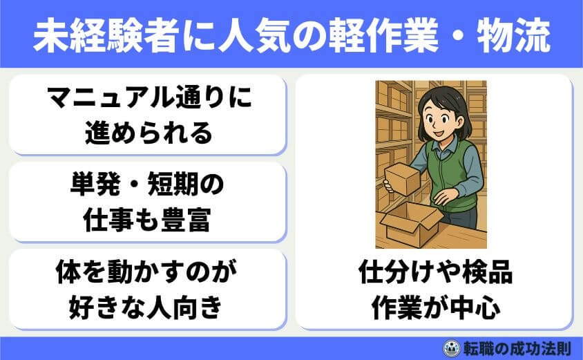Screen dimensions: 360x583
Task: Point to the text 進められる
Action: [x=146, y=132]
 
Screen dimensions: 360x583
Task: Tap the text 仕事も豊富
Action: [x=146, y=220]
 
